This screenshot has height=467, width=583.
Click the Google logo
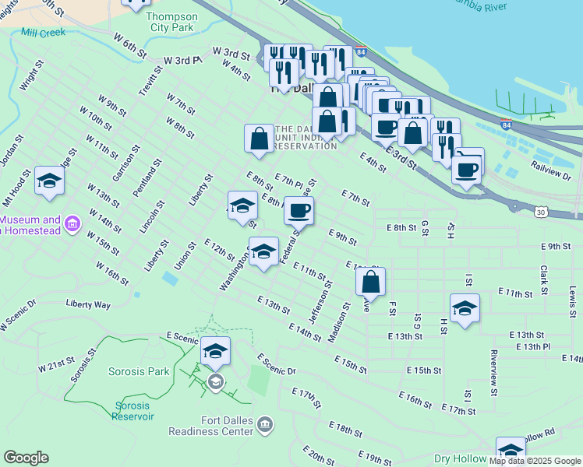point(26,458)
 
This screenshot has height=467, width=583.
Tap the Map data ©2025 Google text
point(535,461)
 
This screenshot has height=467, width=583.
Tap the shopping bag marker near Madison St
point(371,282)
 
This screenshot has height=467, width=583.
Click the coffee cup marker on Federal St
point(298,209)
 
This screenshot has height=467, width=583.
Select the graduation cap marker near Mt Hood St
point(50,182)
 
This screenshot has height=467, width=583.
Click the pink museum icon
point(73,225)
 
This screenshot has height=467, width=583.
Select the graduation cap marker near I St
point(465,308)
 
